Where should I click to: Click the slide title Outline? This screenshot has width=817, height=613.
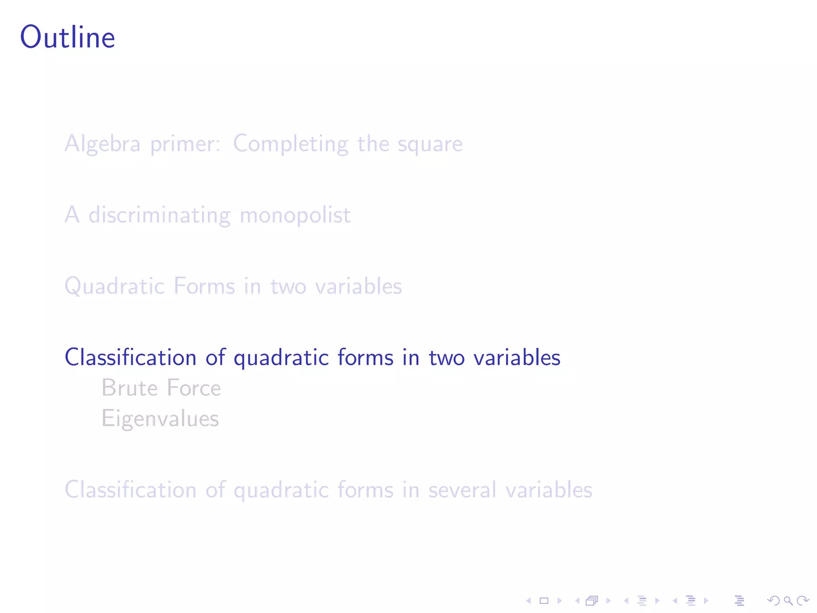pos(67,38)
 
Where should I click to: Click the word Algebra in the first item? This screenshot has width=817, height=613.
pos(103,144)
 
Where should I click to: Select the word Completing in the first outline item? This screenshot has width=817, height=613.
pos(290,144)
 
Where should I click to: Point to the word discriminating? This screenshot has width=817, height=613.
pos(159,215)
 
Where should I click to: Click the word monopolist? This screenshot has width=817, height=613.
pos(295,216)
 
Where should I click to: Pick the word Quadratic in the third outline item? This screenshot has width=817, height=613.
pos(114,287)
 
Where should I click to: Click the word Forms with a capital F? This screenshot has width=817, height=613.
pos(205,286)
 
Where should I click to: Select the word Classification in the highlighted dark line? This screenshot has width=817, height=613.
pos(130,357)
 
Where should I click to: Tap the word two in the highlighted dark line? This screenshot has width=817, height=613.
pos(446,358)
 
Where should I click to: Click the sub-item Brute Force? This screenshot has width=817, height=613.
pos(161,388)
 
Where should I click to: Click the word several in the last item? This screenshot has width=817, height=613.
pos(462,490)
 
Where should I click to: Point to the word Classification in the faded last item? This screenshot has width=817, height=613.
pos(130,490)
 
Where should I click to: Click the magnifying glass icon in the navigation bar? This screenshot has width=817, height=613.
pos(788,601)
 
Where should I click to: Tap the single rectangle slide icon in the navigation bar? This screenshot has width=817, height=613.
pos(544,601)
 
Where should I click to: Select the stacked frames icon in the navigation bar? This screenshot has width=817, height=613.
pos(592,601)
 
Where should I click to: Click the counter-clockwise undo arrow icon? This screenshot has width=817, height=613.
pos(773,601)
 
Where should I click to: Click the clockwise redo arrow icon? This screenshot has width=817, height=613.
pos(803,601)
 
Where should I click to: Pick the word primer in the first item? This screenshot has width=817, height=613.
pos(185,144)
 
